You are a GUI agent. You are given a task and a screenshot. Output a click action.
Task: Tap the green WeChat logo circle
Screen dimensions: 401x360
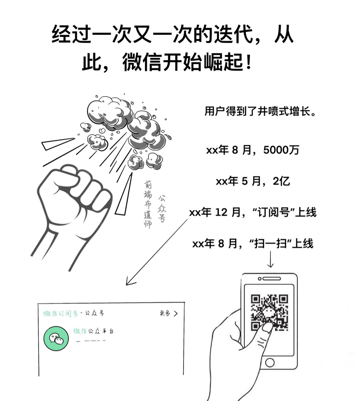[x=56, y=339]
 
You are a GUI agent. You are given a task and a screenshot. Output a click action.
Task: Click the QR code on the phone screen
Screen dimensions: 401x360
[x=269, y=312]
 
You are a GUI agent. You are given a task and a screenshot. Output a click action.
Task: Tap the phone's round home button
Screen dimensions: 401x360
[x=269, y=362]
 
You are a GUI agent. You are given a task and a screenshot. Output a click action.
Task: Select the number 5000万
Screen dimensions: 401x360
[x=281, y=150]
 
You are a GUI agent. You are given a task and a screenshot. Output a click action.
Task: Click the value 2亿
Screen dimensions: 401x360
[x=281, y=182]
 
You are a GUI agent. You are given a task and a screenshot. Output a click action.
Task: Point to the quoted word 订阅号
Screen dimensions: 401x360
[x=275, y=212]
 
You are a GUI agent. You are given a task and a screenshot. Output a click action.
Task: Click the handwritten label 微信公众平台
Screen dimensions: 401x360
[x=93, y=331]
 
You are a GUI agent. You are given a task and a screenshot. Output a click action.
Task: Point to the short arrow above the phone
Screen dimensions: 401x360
[x=270, y=259]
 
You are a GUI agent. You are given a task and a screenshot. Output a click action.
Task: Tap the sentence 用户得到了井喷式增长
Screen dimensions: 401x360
[x=260, y=112]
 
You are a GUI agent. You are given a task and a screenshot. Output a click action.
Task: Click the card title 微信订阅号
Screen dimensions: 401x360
[x=60, y=313]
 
